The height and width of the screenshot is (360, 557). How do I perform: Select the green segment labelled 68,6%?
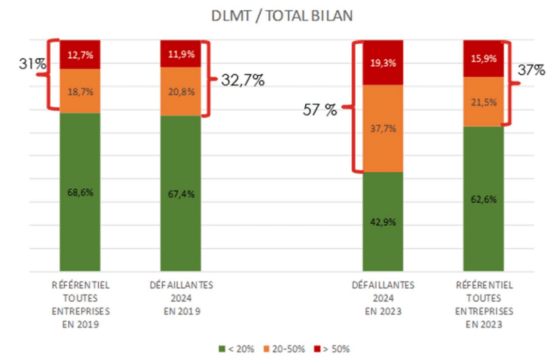point(80,192)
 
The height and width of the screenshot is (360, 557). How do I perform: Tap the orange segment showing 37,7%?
point(382,129)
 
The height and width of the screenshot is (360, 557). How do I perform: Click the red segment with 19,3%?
point(382,62)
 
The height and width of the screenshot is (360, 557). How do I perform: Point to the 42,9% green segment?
point(382,221)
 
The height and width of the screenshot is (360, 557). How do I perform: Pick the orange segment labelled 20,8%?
point(180,92)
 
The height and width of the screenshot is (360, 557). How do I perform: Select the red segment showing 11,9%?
point(180,53)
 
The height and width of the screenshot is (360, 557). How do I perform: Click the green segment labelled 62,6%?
point(483,199)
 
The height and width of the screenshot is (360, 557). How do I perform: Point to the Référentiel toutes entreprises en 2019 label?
point(80,303)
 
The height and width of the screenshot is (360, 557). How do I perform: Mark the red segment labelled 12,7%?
point(80,55)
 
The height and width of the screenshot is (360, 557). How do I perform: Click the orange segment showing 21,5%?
point(483,102)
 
